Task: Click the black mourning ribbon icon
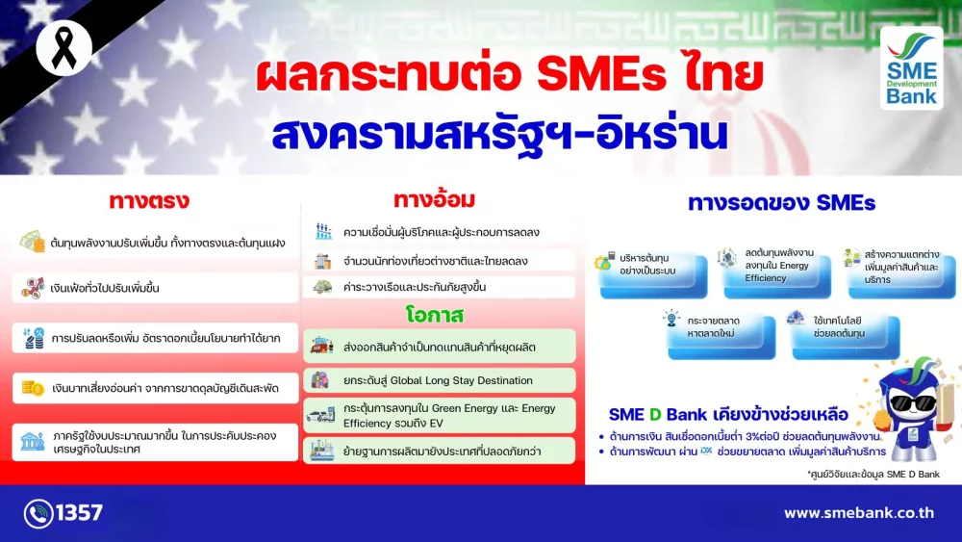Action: (x=63, y=49)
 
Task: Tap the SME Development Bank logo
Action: (x=911, y=68)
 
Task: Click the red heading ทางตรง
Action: (x=149, y=200)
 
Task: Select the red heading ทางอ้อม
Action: (x=435, y=199)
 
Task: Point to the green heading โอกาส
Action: (x=435, y=315)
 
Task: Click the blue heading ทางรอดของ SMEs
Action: (x=781, y=202)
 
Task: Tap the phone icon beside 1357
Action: (x=38, y=513)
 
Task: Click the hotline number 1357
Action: (x=80, y=512)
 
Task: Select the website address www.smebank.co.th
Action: (x=859, y=512)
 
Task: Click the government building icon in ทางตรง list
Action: (x=32, y=441)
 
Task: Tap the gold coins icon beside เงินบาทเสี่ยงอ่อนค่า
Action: (x=33, y=388)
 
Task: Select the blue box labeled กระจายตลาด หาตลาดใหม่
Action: (x=721, y=335)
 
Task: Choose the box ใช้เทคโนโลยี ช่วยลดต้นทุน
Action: (x=846, y=335)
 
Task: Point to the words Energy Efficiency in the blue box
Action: (x=776, y=271)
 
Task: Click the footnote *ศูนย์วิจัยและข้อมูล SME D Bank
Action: (x=873, y=474)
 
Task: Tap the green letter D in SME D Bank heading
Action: (x=654, y=415)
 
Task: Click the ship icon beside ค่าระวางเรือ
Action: (x=322, y=287)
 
